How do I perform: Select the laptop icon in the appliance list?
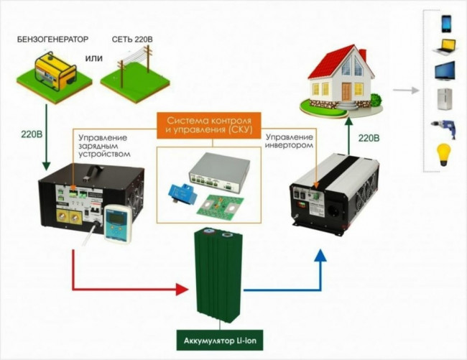click(444, 47)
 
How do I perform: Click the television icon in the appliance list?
click(444, 73)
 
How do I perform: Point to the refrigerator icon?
click(444, 99)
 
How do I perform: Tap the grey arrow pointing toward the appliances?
click(407, 91)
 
